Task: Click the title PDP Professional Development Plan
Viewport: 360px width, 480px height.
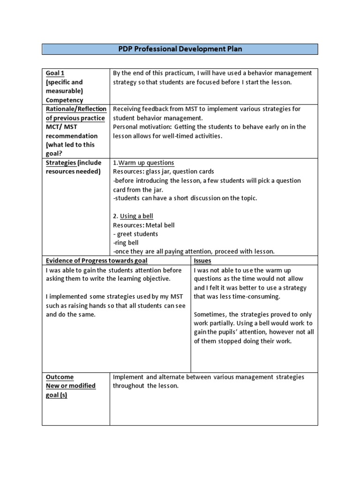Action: click(x=180, y=49)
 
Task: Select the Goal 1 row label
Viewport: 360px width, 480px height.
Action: click(x=55, y=73)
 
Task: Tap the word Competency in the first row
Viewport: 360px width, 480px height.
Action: click(x=64, y=100)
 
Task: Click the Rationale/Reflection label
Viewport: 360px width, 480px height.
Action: click(x=76, y=109)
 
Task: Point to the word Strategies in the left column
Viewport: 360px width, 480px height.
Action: click(x=61, y=163)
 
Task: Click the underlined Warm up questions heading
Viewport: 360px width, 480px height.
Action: click(x=146, y=163)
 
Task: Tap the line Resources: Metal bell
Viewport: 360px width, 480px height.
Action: click(x=143, y=225)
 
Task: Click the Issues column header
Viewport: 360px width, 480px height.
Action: click(x=202, y=261)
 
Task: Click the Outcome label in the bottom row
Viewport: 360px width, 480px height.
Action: click(x=60, y=377)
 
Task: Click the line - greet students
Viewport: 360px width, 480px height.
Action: click(x=135, y=234)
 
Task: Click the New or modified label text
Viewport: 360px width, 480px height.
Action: click(x=71, y=386)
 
